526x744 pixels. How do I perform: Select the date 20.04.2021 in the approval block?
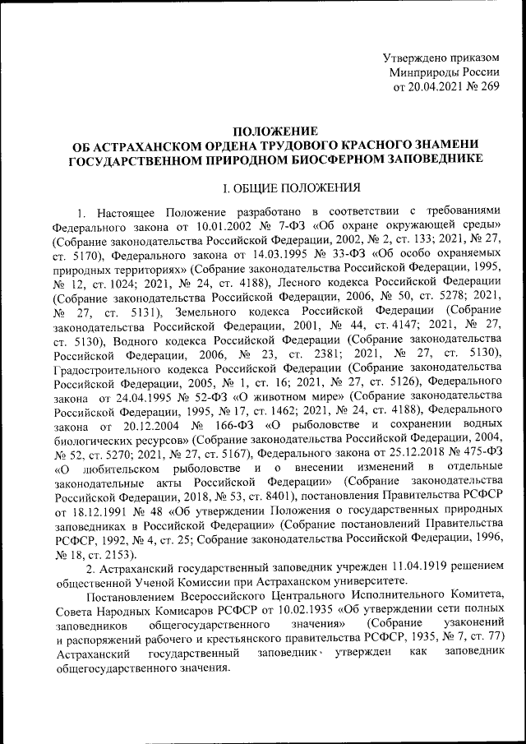click(437, 87)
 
